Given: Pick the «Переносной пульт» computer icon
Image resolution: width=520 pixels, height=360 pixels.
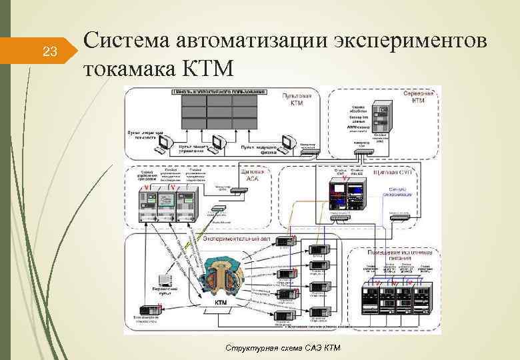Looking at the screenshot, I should click(165, 281).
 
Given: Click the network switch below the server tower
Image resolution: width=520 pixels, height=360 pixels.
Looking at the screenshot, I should click(365, 152).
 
